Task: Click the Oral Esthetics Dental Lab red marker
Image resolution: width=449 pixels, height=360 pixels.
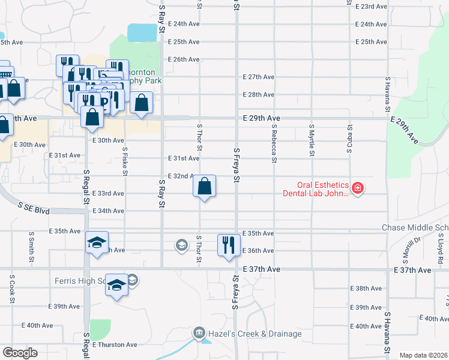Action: click(358, 188)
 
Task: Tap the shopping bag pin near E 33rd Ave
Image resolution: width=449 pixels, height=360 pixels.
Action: click(205, 186)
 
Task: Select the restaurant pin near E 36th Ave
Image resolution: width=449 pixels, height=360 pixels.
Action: click(228, 245)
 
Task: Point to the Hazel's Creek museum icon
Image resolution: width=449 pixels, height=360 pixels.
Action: click(199, 332)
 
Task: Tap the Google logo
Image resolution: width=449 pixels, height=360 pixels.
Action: click(20, 353)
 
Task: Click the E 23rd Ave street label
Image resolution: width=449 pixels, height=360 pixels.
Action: click(371, 7)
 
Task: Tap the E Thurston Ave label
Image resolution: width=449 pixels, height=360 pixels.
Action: click(115, 345)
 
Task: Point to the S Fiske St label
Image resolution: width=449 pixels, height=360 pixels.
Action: click(125, 161)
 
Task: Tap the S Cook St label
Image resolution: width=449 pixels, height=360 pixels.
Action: click(11, 289)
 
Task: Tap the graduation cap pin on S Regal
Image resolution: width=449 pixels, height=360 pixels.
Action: click(97, 242)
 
